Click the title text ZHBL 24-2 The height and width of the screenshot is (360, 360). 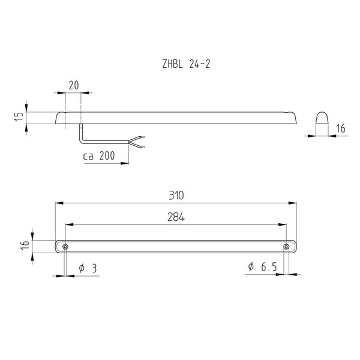[186, 64]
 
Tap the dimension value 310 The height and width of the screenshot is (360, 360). [176, 196]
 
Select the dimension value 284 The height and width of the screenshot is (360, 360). [176, 217]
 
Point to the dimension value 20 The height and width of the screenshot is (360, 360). [74, 85]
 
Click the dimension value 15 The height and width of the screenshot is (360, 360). [20, 116]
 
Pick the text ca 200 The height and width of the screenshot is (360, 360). [99, 156]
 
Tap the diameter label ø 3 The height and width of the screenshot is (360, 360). [88, 268]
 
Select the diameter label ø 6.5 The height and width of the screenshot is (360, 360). [263, 267]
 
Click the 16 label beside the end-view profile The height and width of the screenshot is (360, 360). [341, 128]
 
